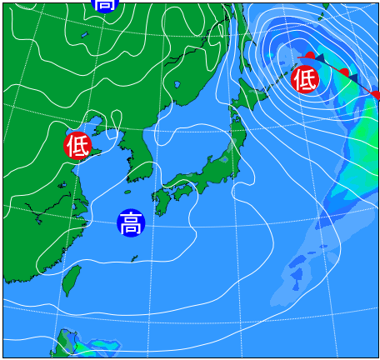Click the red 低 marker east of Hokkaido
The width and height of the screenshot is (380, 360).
coord(305,79)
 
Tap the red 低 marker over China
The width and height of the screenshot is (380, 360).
coord(77,146)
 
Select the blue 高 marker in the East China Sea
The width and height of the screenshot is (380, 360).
coord(130,223)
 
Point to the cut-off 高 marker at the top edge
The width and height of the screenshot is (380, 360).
coord(105,5)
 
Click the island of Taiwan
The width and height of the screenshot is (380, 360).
coord(72,279)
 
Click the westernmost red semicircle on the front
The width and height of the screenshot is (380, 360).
coord(309,56)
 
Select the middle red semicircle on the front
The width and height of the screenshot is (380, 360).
coord(343,73)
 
